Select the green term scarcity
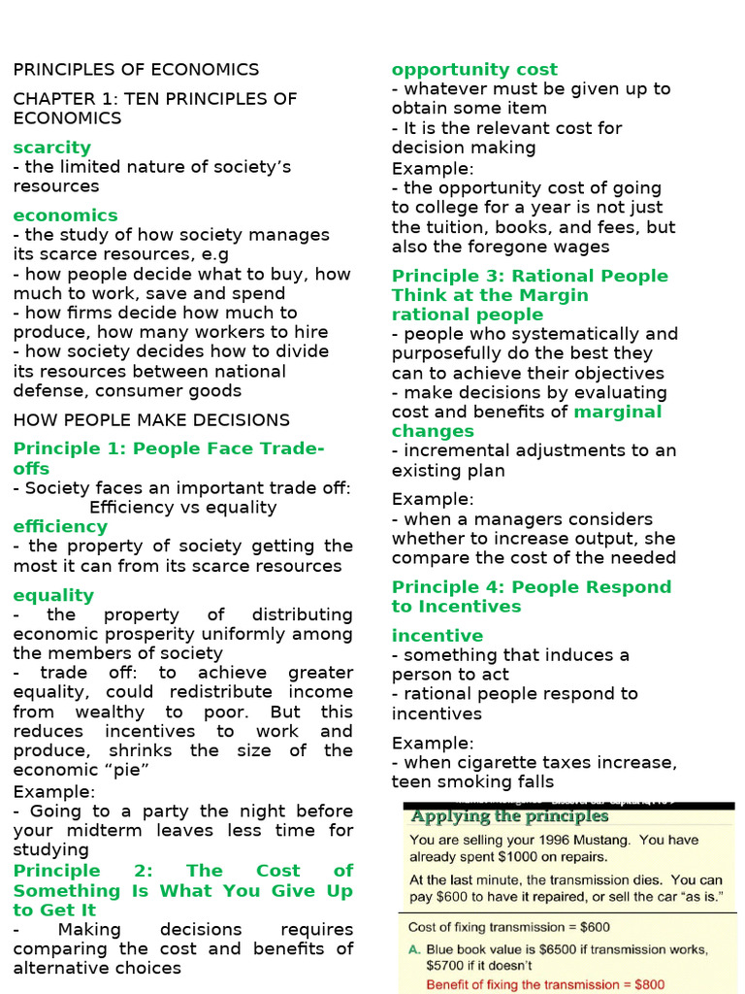pyautogui.click(x=51, y=148)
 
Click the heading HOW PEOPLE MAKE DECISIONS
pyautogui.click(x=151, y=420)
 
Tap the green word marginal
pyautogui.click(x=618, y=412)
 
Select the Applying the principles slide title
pyautogui.click(x=509, y=816)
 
